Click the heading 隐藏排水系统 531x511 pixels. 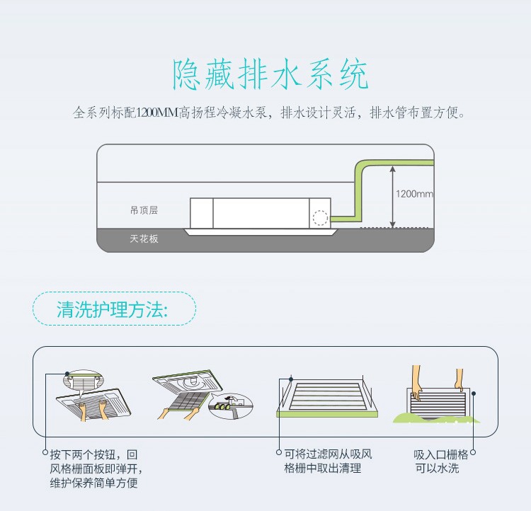tap(271, 75)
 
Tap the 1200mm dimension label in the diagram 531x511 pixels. tap(414, 193)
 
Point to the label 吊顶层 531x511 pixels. tap(144, 210)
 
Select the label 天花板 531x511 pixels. tap(144, 239)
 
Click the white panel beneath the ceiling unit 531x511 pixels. tap(261, 231)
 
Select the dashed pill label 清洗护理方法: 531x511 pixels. tap(113, 309)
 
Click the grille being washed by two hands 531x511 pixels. tap(438, 404)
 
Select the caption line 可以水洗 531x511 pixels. tap(438, 468)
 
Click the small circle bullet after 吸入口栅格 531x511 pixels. tap(473, 453)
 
